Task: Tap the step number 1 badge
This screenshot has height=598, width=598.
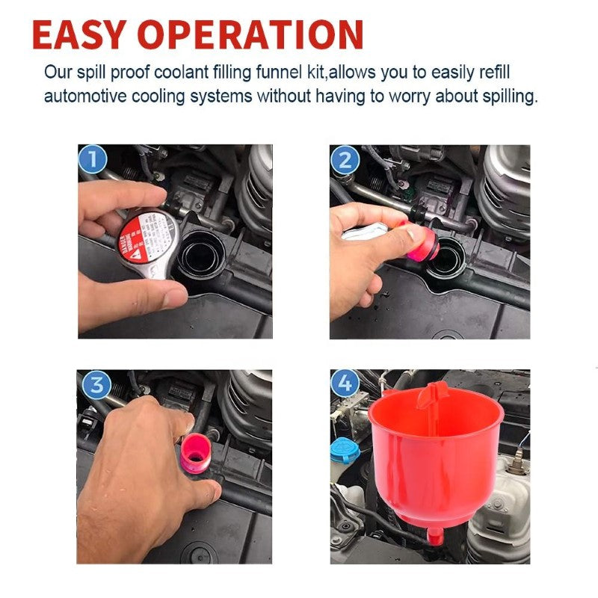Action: [93, 159]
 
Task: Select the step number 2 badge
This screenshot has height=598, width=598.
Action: [345, 160]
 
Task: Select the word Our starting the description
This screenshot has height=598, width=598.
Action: [58, 73]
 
